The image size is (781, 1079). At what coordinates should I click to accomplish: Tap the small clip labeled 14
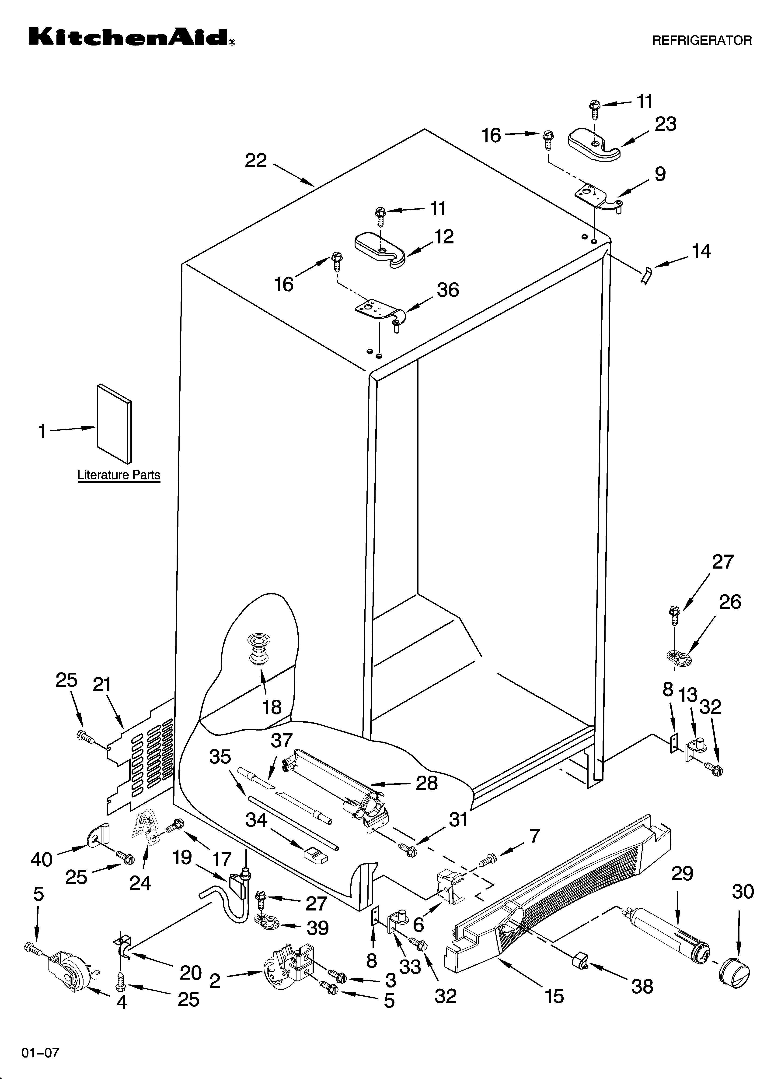[646, 276]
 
